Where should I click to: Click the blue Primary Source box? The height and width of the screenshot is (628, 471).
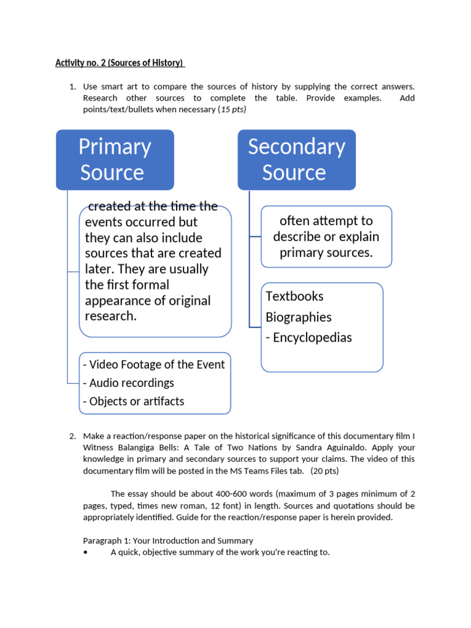(115, 159)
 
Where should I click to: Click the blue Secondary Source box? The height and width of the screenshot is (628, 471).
(297, 159)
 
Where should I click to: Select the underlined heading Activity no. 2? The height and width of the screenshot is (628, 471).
(120, 63)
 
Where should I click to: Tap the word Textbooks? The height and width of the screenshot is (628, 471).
(294, 296)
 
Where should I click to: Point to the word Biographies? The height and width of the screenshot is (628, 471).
(298, 317)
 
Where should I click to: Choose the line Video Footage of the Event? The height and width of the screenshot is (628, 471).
(154, 364)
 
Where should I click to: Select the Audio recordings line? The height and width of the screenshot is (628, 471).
(128, 383)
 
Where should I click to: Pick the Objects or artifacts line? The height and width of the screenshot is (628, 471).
(133, 401)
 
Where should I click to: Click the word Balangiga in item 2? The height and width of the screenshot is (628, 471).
(155, 448)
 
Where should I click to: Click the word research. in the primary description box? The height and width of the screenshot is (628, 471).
(110, 316)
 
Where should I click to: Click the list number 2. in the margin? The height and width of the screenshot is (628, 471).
(72, 436)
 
